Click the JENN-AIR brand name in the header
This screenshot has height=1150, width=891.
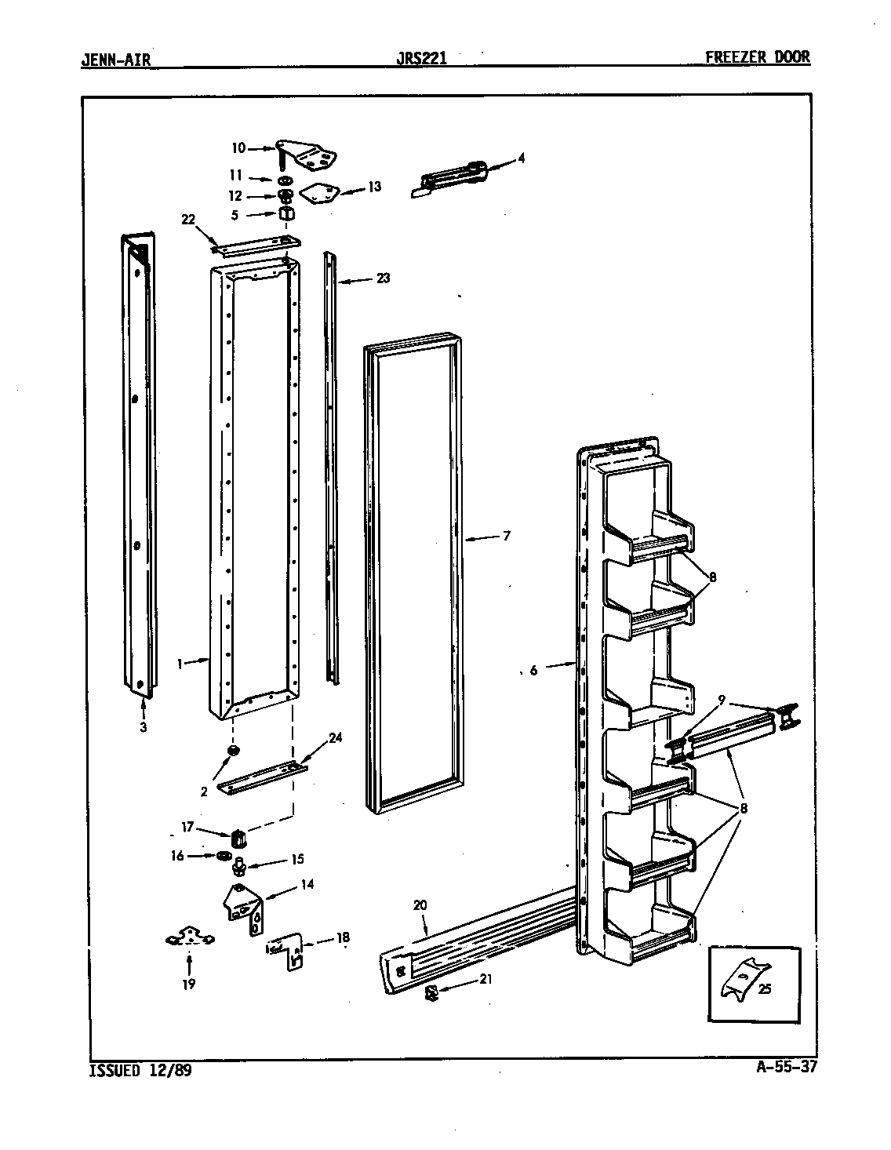pyautogui.click(x=115, y=59)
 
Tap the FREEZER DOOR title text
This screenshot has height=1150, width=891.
pyautogui.click(x=758, y=57)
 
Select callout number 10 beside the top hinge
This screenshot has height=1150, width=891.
pyautogui.click(x=238, y=147)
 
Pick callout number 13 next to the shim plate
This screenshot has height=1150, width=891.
pyautogui.click(x=374, y=187)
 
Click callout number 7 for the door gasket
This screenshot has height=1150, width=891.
pyautogui.click(x=507, y=537)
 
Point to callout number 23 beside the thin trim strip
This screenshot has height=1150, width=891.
pyautogui.click(x=383, y=278)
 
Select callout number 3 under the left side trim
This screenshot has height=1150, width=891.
pyautogui.click(x=144, y=727)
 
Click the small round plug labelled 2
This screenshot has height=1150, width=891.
pyautogui.click(x=232, y=752)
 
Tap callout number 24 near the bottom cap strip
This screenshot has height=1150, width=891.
pyautogui.click(x=336, y=737)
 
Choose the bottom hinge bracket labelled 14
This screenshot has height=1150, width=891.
pyautogui.click(x=245, y=908)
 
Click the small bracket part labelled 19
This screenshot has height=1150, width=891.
pyautogui.click(x=189, y=937)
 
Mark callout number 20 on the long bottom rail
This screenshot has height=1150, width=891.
pyautogui.click(x=420, y=904)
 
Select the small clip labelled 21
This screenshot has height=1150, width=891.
pyautogui.click(x=431, y=993)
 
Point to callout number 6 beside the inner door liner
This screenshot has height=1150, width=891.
pyautogui.click(x=534, y=670)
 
